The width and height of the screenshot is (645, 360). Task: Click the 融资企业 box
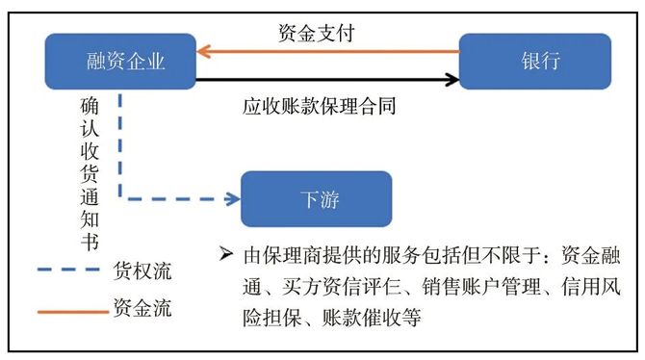(x=120, y=62)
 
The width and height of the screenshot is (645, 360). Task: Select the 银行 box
(x=534, y=62)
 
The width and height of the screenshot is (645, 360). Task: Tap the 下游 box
(x=317, y=199)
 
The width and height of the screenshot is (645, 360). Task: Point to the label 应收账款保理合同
(x=319, y=106)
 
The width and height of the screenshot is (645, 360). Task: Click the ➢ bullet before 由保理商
(x=226, y=257)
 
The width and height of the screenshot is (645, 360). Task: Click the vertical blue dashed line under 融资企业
(x=120, y=144)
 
